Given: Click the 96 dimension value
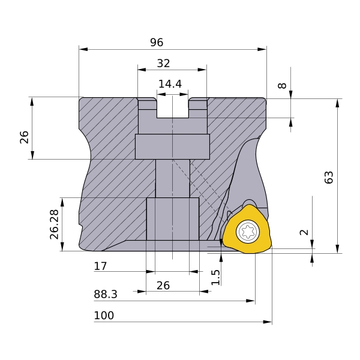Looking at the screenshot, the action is click(157, 42).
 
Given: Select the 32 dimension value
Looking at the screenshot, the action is click(163, 63).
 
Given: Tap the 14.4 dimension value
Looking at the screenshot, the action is click(170, 84).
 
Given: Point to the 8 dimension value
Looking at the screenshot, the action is click(282, 85).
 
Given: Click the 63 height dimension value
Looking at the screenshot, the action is click(329, 177).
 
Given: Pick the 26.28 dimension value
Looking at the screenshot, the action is click(55, 224).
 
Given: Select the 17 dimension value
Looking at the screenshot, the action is click(100, 266).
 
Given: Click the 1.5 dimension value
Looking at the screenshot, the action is click(215, 277).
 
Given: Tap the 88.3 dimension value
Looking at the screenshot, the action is click(106, 294).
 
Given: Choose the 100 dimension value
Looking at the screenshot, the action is click(104, 316).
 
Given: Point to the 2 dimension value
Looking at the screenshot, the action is click(304, 232).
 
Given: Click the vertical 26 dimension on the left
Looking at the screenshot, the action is click(24, 137).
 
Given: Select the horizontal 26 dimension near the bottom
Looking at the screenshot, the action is click(163, 286).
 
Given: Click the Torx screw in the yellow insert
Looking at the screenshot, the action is click(248, 232).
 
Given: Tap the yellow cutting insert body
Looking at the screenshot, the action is click(247, 229).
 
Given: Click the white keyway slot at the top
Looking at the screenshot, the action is click(172, 108).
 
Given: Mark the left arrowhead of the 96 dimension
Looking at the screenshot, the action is click(83, 49).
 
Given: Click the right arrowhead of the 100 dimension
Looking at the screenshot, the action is click(268, 322).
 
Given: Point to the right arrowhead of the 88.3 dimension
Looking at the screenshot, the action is click(250, 301).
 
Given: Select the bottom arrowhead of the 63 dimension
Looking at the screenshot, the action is click(337, 249).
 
